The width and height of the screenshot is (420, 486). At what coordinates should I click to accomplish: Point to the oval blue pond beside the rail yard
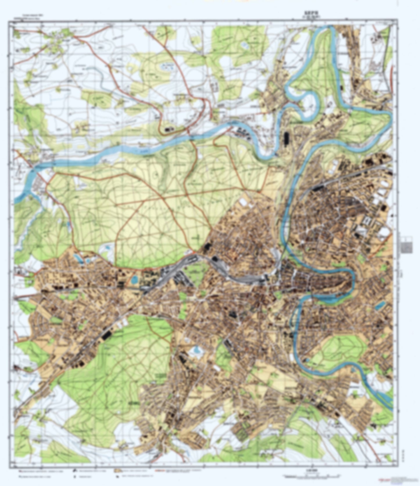click(134, 280)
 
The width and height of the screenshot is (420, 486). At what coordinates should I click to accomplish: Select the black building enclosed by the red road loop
click(168, 129)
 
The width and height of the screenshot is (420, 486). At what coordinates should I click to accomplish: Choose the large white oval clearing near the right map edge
click(385, 232)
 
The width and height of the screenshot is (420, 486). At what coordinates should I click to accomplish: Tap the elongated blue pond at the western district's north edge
click(78, 258)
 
